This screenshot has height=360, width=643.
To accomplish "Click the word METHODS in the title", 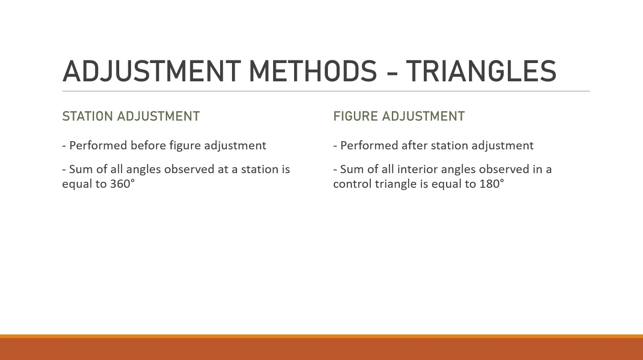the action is click(313, 71).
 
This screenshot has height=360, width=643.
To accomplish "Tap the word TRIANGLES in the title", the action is click(481, 71).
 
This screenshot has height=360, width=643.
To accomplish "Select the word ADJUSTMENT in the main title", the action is click(152, 71).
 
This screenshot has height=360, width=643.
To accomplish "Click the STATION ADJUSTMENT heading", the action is click(131, 116).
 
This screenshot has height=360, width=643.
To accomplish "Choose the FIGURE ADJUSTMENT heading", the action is click(399, 116).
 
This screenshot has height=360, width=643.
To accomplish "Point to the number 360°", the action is click(122, 184).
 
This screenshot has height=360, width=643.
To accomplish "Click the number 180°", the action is click(492, 184).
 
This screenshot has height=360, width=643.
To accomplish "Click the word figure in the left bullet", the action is click(185, 146).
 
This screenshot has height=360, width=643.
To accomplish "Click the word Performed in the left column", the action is click(98, 145).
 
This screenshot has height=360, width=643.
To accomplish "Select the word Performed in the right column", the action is click(369, 145).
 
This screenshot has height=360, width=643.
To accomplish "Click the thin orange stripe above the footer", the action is click(321, 336).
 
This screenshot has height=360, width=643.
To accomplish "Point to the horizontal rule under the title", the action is click(326, 91).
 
